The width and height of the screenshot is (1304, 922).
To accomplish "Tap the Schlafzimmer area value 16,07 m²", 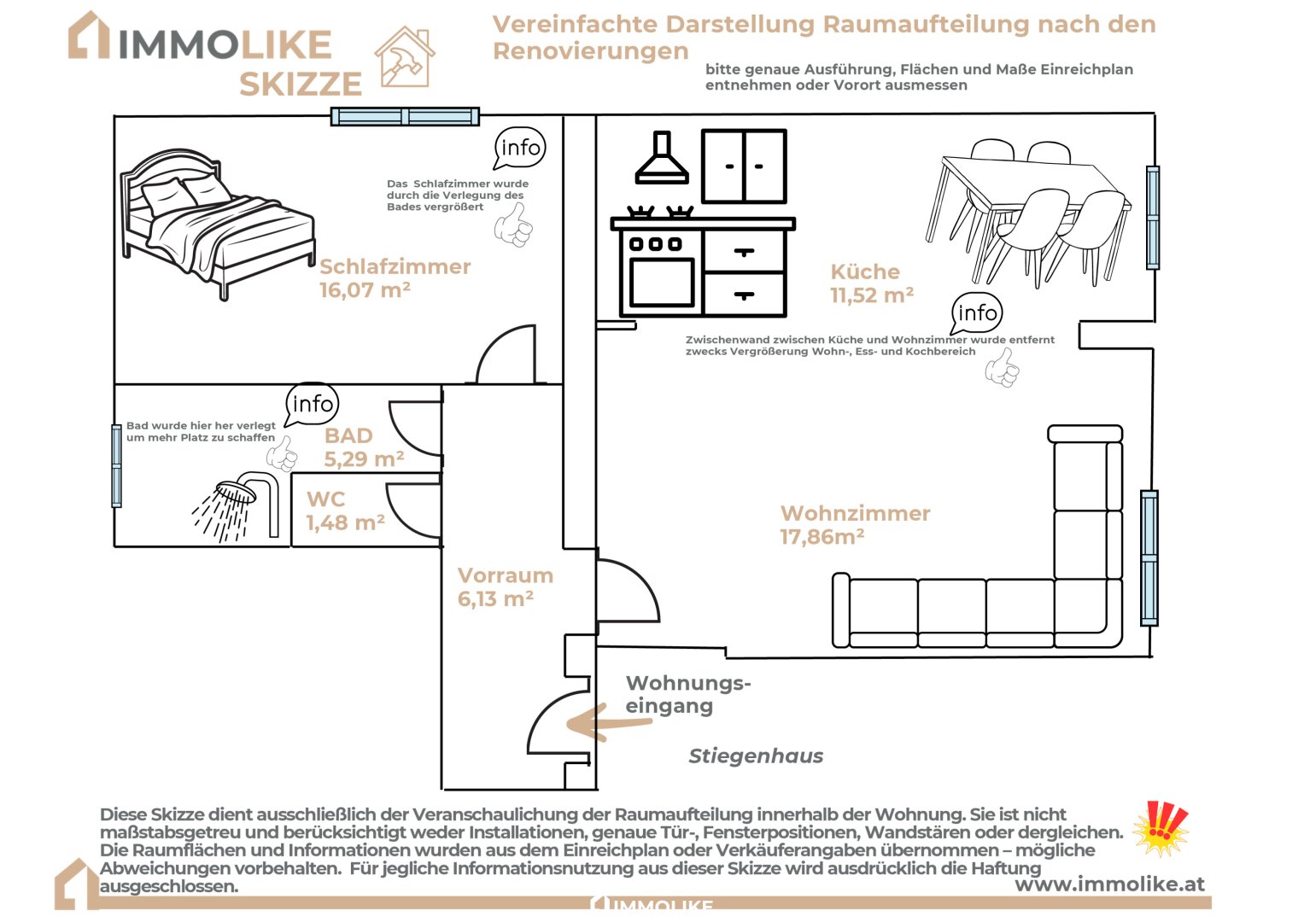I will tap(365, 290).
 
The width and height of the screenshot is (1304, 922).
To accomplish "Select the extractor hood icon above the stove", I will tap(662, 160).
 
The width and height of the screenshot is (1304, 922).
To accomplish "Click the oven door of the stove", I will tap(662, 281).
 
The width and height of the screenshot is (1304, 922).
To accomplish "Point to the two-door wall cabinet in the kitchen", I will tap(744, 166).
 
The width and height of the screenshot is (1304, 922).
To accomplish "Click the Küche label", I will tap(865, 271).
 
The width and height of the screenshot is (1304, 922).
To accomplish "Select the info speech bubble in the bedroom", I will tap(520, 149).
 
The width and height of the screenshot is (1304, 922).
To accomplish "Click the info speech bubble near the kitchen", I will tap(977, 313).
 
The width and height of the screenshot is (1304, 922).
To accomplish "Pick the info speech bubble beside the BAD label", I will tap(313, 404).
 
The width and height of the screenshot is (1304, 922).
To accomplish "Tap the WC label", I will tap(326, 499).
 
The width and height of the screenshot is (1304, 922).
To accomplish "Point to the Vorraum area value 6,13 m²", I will tap(495, 599).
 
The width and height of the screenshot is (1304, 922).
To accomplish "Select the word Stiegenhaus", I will tap(756, 756).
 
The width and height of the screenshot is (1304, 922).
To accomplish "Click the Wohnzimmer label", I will tap(855, 513).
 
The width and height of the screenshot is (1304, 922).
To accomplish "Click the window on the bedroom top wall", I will tap(405, 117).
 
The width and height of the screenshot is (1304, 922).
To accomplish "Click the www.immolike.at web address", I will tap(1109, 884).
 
